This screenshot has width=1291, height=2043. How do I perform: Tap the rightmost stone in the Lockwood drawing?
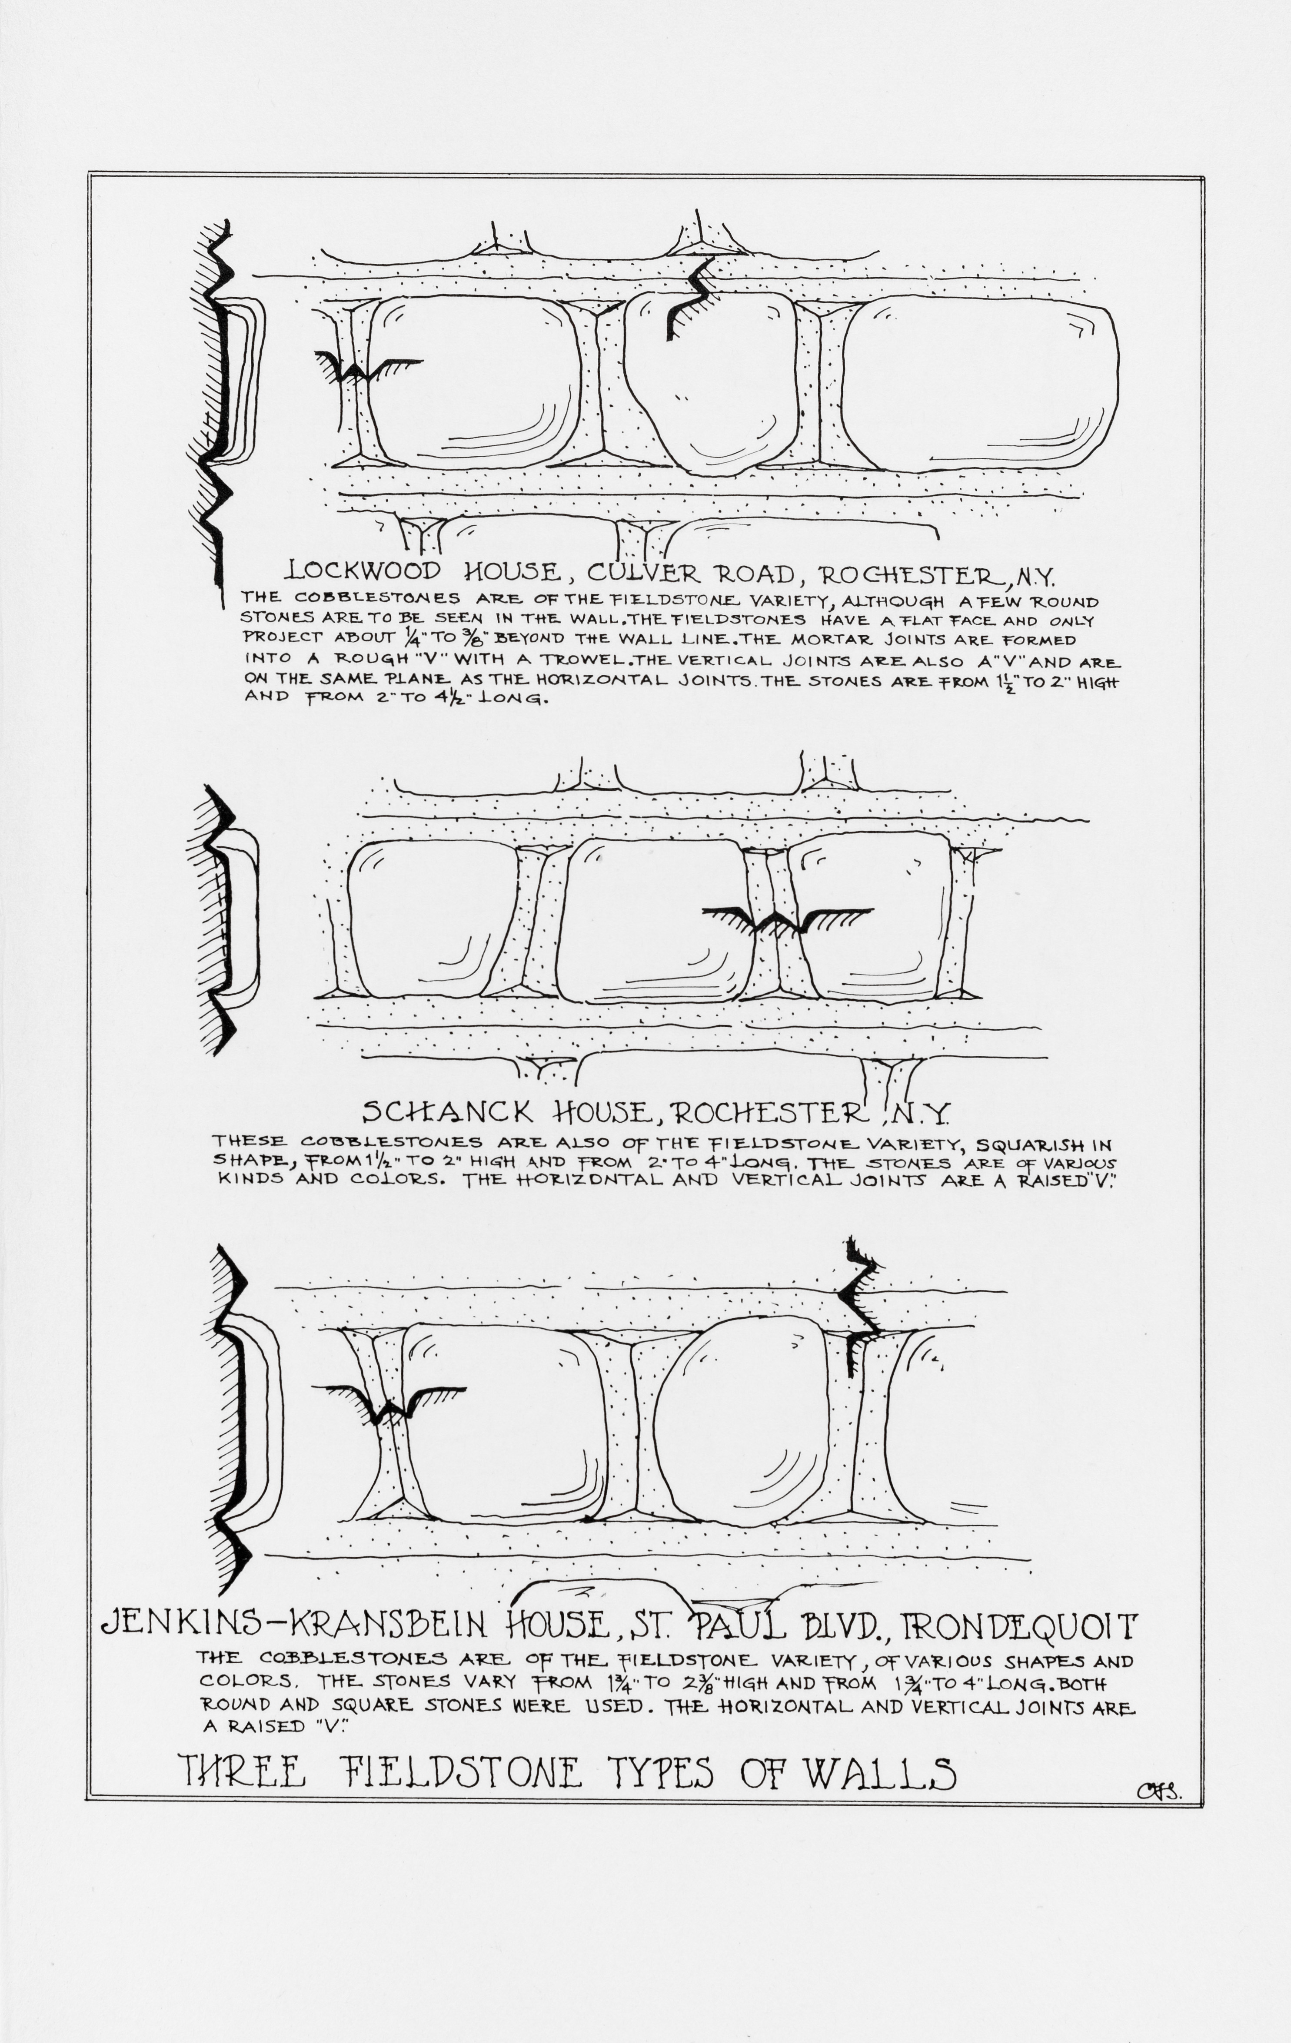(x=985, y=384)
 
